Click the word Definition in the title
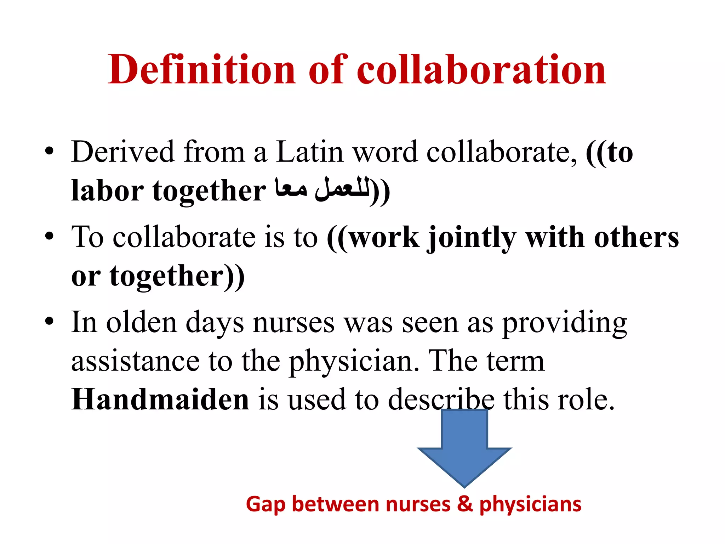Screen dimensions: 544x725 click(201, 69)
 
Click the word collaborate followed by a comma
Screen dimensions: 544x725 click(501, 152)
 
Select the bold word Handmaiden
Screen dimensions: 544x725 click(160, 399)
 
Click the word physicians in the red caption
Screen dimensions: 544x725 click(530, 504)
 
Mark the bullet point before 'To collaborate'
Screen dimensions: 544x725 click(50, 236)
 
